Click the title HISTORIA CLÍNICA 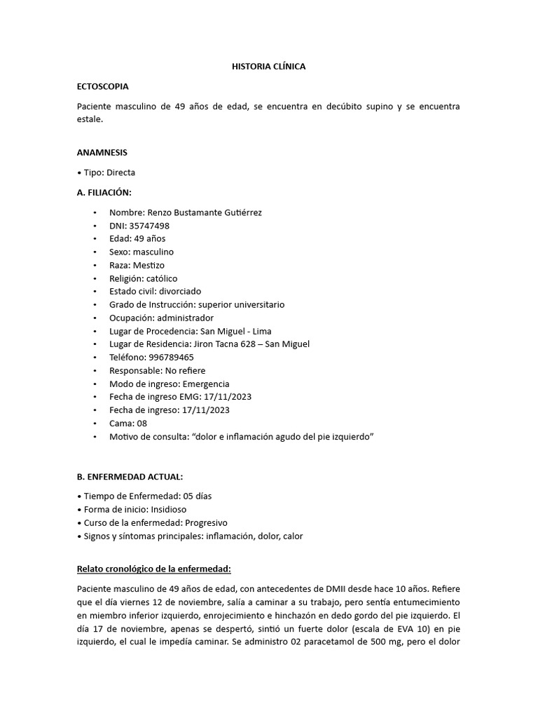(268, 67)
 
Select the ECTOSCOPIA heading (102, 86)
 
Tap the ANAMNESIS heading (102, 152)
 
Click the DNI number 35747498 (149, 226)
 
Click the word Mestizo (149, 266)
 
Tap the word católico (162, 278)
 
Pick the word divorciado (179, 292)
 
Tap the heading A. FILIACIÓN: (104, 192)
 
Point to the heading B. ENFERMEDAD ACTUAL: (130, 477)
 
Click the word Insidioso (165, 510)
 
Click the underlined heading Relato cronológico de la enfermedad (155, 569)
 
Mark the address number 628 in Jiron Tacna (261, 344)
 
